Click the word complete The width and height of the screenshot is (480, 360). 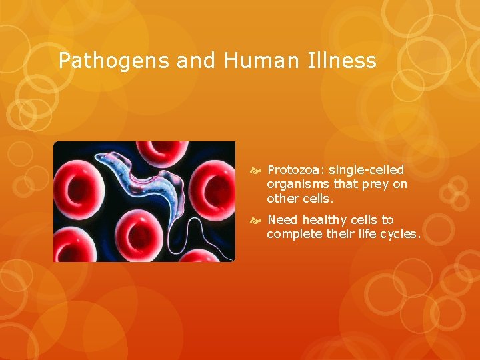[x=293, y=234]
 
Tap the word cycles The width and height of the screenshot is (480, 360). [x=399, y=234]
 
